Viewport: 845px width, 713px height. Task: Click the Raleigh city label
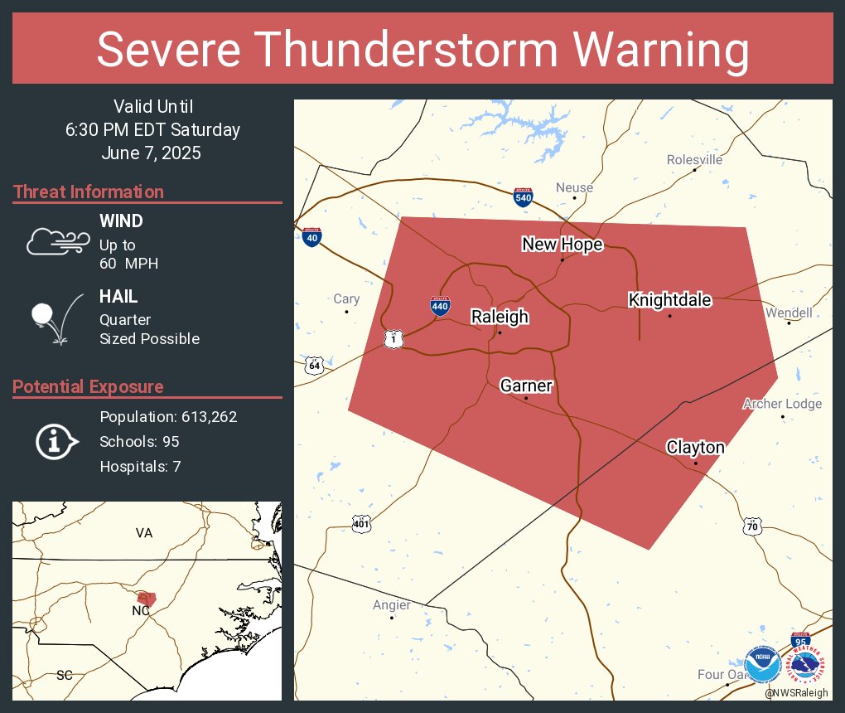coord(500,317)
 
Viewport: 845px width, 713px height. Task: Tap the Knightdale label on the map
coord(669,300)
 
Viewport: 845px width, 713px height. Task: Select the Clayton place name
coord(695,448)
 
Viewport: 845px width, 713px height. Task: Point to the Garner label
coord(526,386)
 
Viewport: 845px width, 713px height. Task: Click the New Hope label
coord(562,244)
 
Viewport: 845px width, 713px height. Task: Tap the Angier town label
coord(391,604)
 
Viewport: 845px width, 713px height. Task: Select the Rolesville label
coord(694,159)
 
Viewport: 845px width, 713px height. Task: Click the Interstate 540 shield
coord(523,197)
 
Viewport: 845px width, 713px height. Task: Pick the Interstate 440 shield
coord(440,306)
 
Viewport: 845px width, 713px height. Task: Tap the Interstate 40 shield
coord(311,237)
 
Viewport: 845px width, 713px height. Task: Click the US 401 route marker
coord(361,523)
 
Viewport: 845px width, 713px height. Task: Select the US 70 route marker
coord(751,526)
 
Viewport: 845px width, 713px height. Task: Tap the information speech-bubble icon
coord(56,441)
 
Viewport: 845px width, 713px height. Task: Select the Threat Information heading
coord(89,192)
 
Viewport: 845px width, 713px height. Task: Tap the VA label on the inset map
coord(144,533)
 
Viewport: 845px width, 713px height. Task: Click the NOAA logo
coord(761,665)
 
